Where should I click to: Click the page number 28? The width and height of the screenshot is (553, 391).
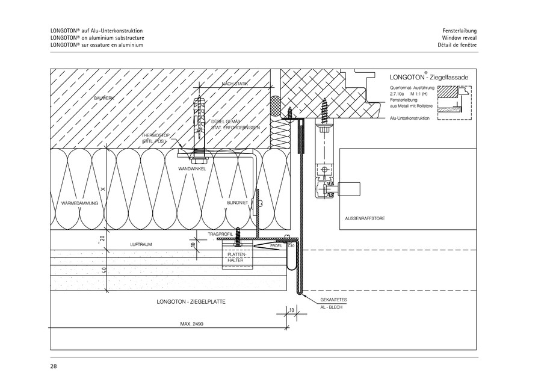coord(54,365)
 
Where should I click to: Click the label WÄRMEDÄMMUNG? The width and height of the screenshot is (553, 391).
coord(80,203)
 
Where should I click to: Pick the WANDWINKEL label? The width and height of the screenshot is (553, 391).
coord(192,169)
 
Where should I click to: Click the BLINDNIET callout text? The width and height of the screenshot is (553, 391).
coord(237,203)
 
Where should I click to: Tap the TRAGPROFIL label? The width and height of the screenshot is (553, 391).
coord(220,233)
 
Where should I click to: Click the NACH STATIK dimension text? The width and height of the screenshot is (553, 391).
coord(235,84)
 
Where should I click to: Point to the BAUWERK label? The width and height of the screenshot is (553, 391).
coord(104,97)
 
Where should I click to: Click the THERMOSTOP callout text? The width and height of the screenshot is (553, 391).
coord(155,138)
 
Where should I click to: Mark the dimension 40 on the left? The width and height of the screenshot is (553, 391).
coord(104,270)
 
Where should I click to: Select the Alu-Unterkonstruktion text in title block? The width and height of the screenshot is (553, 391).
coord(409,119)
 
